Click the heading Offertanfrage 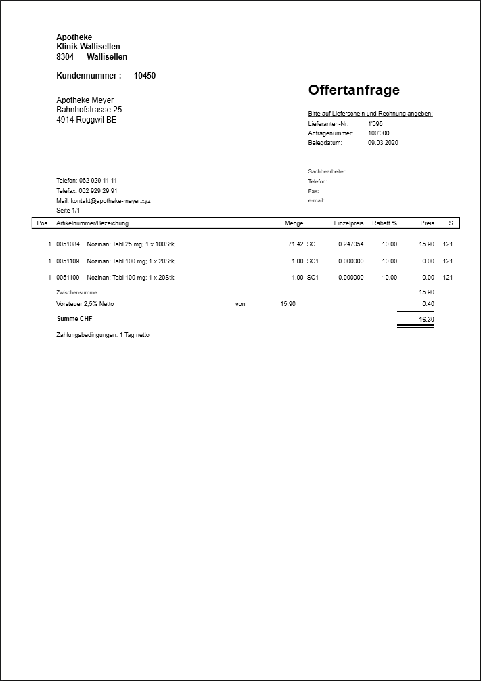354,90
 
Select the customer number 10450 145,76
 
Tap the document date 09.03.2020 383,143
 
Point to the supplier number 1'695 375,124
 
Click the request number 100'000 379,133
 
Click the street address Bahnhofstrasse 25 89,110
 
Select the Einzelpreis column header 348,223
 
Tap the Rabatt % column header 384,223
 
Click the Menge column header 294,223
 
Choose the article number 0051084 68,244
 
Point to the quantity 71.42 296,244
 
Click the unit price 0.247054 350,244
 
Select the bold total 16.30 426,319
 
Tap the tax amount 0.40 428,304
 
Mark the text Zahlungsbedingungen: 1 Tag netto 103,335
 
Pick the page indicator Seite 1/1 68,211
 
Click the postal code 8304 65,57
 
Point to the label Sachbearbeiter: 327,172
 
